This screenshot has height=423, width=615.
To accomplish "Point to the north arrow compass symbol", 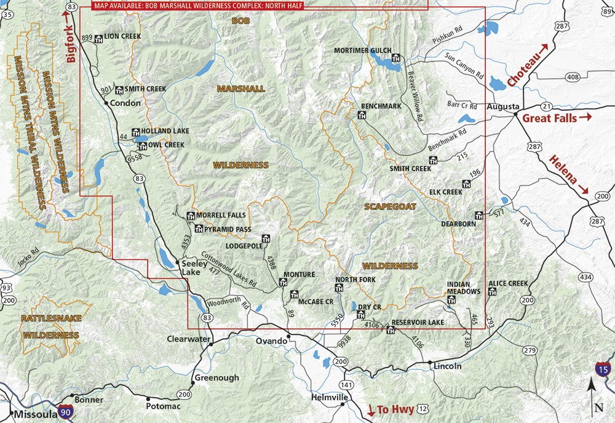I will coord(591,394).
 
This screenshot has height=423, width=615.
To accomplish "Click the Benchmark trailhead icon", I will coord(362,115).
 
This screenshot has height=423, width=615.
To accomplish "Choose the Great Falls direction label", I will coord(549,117).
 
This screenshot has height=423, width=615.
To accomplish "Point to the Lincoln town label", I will coord(447,366).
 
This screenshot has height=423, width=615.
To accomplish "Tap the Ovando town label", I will coord(271,341).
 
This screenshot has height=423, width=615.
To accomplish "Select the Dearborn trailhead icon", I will coord(479,216).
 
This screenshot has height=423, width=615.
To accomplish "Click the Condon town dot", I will coord(107,103).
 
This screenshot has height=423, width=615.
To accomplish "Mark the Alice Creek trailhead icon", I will coord(491,292).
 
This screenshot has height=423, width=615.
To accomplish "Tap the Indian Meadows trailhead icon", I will coord(451,300).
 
